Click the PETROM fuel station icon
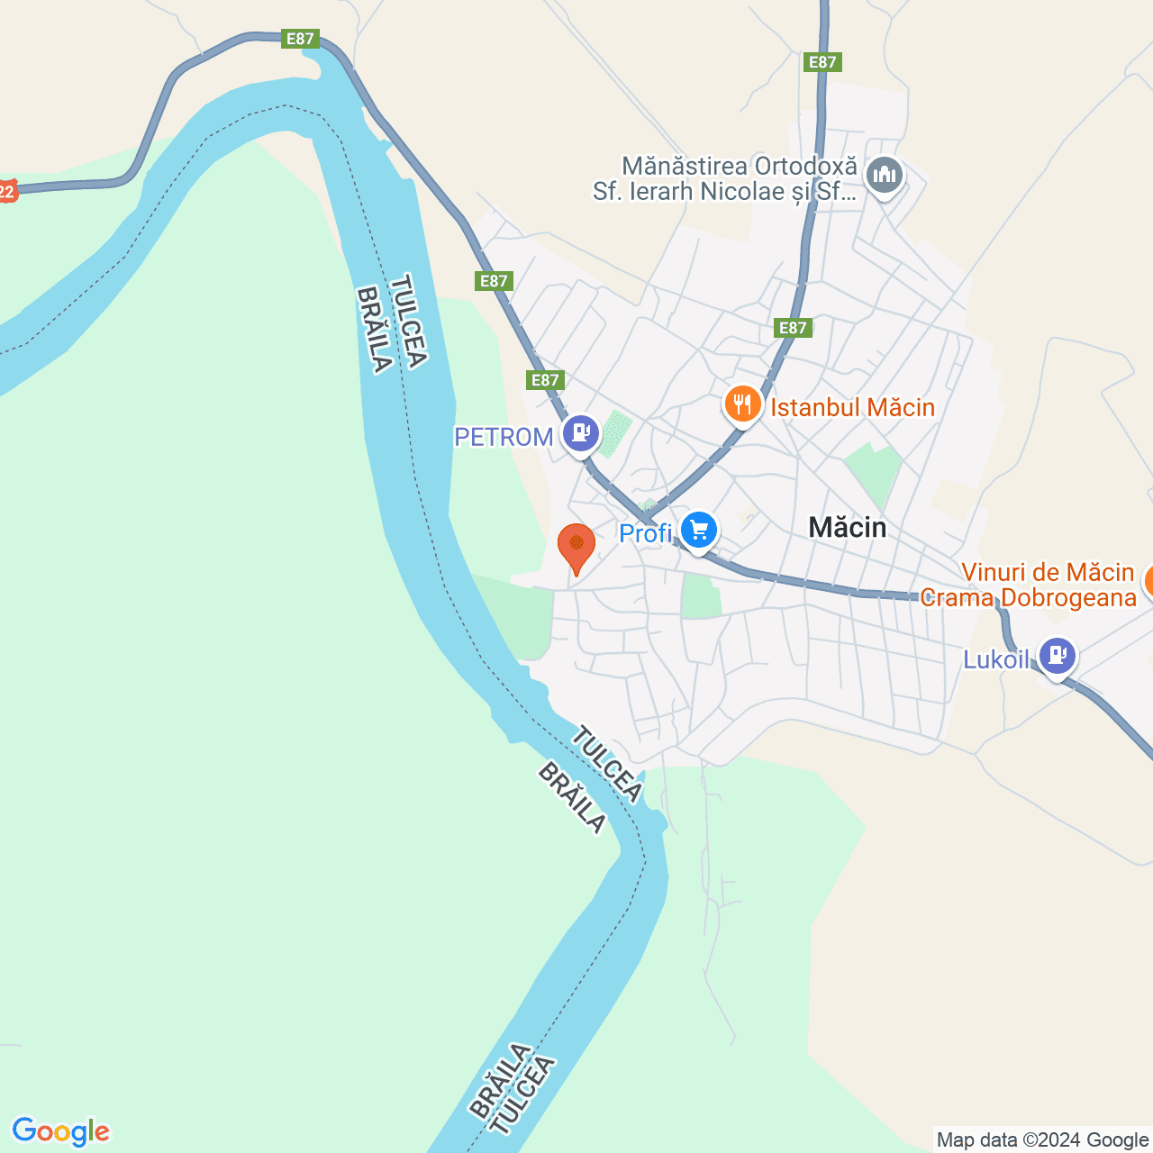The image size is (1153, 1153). [581, 433]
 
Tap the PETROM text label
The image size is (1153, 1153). [504, 437]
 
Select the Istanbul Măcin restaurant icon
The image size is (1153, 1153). [742, 404]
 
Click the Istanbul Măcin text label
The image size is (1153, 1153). [852, 407]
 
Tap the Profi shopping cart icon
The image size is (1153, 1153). [699, 531]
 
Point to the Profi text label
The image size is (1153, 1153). [646, 533]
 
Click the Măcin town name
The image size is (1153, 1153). [848, 527]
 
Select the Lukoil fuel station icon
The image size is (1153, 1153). [1057, 655]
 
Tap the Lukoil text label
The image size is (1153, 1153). [995, 659]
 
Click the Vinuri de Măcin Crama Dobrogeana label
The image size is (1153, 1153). [1029, 585]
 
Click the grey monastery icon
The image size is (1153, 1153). [885, 176]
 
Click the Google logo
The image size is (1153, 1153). [61, 1131]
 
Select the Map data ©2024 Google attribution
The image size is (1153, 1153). [1042, 1140]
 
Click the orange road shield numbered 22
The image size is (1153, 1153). [7, 191]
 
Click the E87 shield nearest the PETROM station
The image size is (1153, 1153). [545, 380]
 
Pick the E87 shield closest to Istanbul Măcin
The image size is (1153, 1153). [793, 328]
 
